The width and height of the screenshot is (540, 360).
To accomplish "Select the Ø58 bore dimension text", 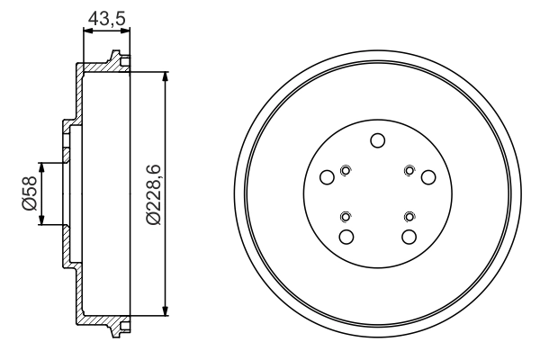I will [x=28, y=193].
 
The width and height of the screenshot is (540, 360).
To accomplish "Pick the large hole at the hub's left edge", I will [x=328, y=177].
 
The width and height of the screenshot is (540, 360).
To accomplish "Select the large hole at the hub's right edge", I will [x=428, y=177].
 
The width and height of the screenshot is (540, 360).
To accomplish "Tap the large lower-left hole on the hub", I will [x=346, y=237].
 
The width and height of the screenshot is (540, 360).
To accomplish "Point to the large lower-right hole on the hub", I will [x=409, y=237].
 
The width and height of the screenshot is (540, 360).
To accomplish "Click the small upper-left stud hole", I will [x=346, y=169].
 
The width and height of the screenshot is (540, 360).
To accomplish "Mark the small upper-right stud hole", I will [x=409, y=169].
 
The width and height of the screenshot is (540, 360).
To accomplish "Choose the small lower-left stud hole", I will [x=346, y=215].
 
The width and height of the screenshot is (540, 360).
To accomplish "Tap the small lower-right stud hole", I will [x=409, y=215].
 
